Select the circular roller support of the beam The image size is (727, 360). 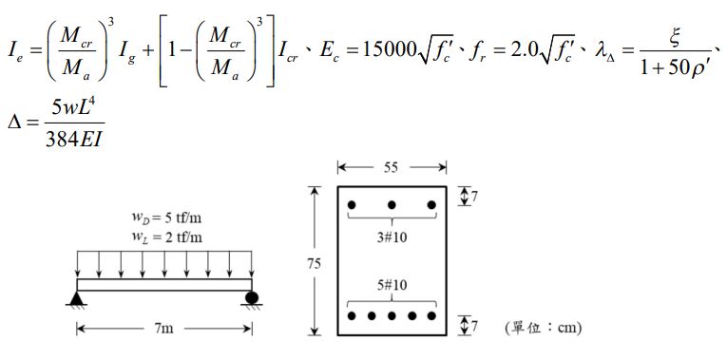252,298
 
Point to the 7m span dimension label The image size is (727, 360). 163,329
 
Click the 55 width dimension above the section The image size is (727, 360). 392,167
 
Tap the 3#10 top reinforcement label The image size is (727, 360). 392,237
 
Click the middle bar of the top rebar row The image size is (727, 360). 392,204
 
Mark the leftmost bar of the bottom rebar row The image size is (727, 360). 351,315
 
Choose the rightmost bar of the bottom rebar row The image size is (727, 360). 431,315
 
